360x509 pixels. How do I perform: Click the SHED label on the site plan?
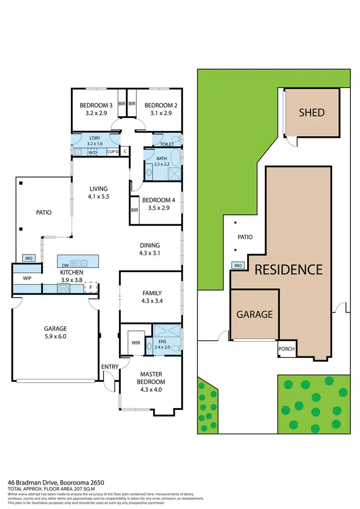pyautogui.click(x=312, y=113)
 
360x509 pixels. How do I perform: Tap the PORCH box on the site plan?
pyautogui.click(x=287, y=349)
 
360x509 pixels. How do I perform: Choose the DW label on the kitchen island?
pyautogui.click(x=65, y=264)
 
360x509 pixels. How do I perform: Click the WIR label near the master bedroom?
pyautogui.click(x=135, y=343)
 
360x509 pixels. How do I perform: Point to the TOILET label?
pyautogui.click(x=167, y=144)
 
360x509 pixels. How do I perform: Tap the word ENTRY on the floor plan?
pyautogui.click(x=110, y=367)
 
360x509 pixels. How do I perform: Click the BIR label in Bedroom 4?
pyautogui.click(x=134, y=210)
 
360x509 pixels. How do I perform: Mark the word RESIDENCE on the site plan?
pyautogui.click(x=288, y=269)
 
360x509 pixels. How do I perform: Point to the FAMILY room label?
pyautogui.click(x=152, y=293)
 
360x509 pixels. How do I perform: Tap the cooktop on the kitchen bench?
pyautogui.click(x=64, y=288)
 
